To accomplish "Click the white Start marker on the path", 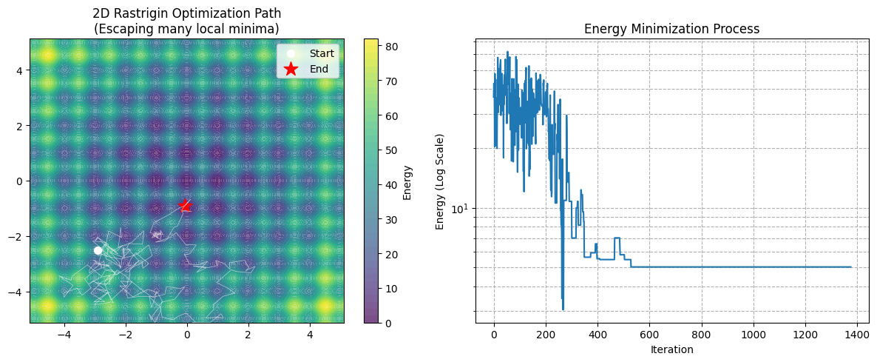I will pos(98,250).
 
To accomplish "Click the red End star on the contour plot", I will pos(185,206).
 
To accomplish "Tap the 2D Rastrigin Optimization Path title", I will pos(186,21).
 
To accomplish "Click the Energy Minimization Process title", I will pos(671,29).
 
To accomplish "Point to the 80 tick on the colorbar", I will pos(393,45).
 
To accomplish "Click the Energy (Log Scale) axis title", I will pos(440,181).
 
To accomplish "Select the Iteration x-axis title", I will pos(671,349).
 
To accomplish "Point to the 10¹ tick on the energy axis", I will pos(461,209).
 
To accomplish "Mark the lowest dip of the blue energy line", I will pos(563,309).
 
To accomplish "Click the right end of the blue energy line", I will pos(851,267).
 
